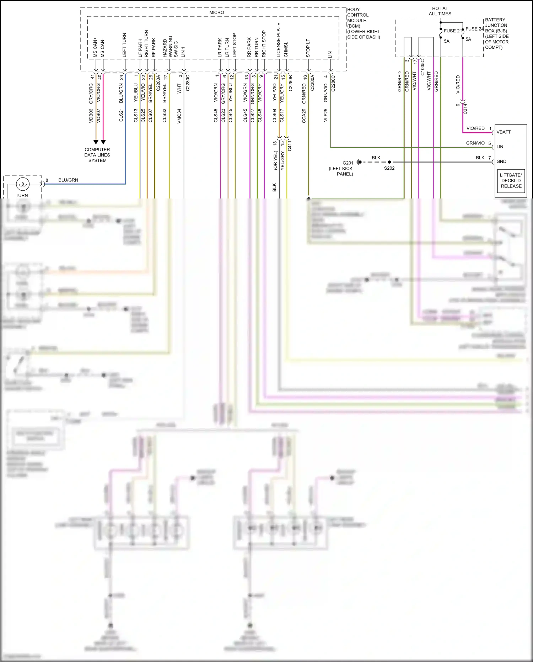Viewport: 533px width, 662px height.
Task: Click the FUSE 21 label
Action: [x=452, y=31]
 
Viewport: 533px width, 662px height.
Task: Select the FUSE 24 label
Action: [x=474, y=29]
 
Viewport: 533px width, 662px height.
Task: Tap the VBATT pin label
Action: [x=504, y=132]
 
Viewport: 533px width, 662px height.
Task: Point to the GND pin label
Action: [x=501, y=161]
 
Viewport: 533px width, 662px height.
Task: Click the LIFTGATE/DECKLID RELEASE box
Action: [x=511, y=180]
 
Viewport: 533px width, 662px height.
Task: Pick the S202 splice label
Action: [x=389, y=168]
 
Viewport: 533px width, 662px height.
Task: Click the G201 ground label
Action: [x=348, y=163]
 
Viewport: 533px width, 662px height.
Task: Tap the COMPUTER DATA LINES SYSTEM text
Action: [x=97, y=155]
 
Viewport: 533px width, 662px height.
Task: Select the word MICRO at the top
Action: [x=216, y=12]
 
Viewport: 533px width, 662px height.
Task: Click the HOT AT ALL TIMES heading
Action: [x=440, y=11]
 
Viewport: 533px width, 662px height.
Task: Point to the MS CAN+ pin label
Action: [x=95, y=47]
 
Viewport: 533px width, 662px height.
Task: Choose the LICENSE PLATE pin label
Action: [x=279, y=40]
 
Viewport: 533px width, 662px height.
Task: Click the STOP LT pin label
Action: [x=308, y=48]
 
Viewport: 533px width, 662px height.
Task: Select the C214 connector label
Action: [x=465, y=108]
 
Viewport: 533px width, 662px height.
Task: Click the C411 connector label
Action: [x=290, y=146]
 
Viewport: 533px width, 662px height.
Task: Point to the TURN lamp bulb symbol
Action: [x=23, y=184]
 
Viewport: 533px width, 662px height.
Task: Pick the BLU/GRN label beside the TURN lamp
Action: [x=68, y=180]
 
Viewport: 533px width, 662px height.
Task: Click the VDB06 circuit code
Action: [x=91, y=116]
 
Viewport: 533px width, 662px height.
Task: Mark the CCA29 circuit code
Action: [x=304, y=116]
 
